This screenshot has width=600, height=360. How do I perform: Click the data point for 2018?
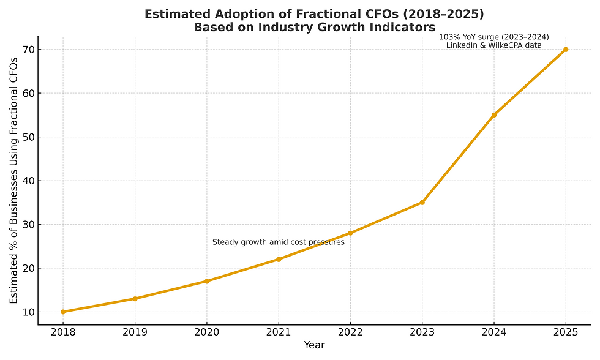(x=63, y=312)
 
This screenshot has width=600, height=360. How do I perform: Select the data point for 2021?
(x=279, y=259)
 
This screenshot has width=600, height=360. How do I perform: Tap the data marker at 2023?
(x=422, y=203)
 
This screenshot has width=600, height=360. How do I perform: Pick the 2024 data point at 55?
(x=494, y=115)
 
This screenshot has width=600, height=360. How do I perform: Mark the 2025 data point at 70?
(x=566, y=50)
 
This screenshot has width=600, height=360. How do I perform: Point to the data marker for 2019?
(x=135, y=299)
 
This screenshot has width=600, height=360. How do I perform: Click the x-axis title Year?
(x=314, y=345)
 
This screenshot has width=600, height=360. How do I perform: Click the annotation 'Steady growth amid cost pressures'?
(x=279, y=242)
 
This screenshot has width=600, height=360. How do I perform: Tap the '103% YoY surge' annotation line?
(x=494, y=37)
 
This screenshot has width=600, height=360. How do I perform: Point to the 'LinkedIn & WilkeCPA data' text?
(x=494, y=45)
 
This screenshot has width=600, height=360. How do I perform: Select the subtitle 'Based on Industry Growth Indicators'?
(x=314, y=28)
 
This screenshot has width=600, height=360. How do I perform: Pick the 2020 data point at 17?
(x=206, y=281)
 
